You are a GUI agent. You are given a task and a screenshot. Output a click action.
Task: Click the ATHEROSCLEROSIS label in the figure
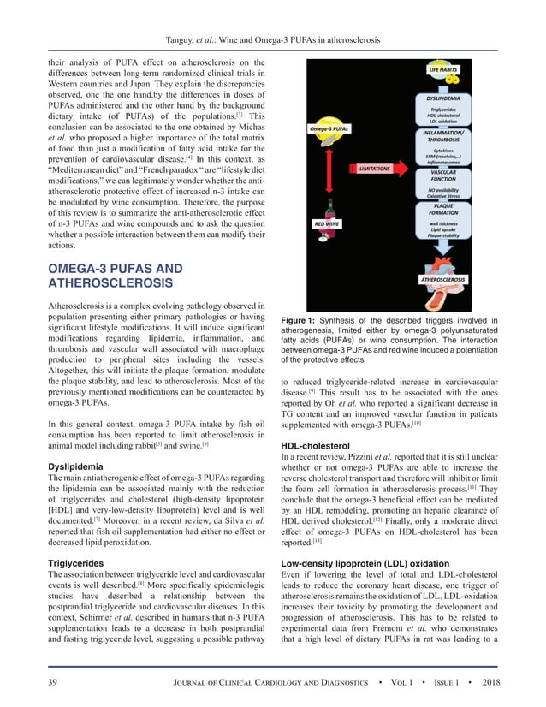pyautogui.click(x=442, y=279)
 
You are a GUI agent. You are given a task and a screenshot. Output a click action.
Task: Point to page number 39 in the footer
pyautogui.click(x=53, y=681)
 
